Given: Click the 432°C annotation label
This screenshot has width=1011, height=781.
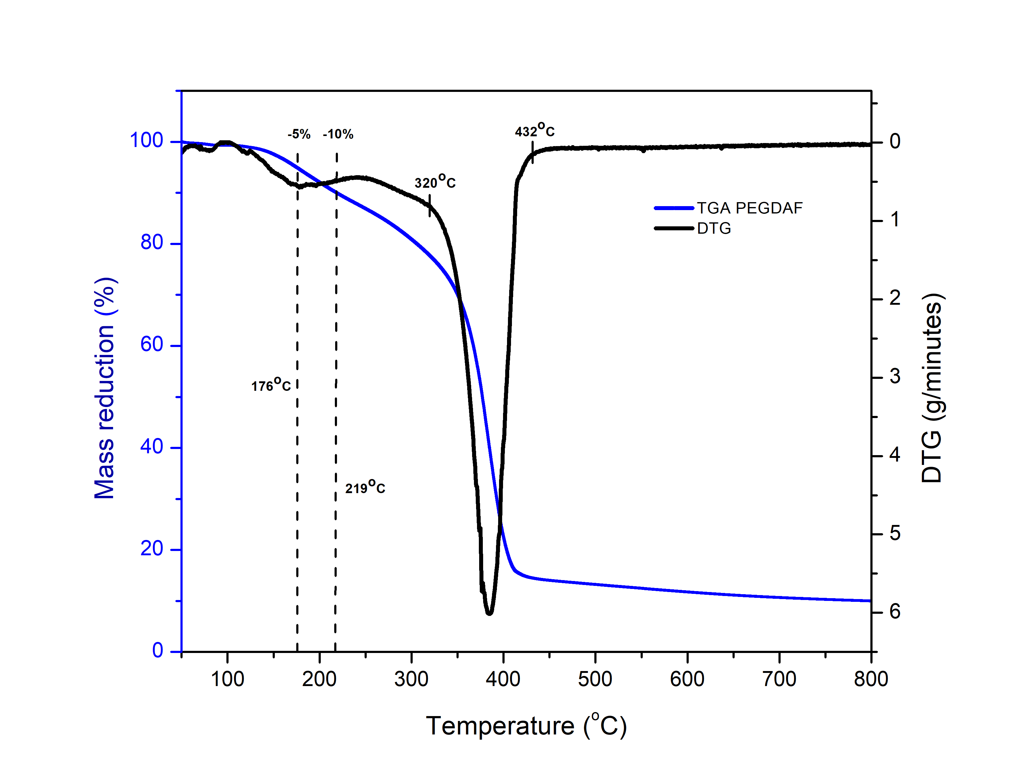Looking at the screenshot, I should pyautogui.click(x=535, y=131).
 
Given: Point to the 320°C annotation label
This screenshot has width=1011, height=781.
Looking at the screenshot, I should pyautogui.click(x=435, y=182).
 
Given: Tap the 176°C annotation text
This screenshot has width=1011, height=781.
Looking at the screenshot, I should pyautogui.click(x=271, y=385).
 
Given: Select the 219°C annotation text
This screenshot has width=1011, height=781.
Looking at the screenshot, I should pyautogui.click(x=365, y=488).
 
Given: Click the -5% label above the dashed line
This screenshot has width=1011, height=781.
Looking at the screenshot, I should pyautogui.click(x=299, y=134).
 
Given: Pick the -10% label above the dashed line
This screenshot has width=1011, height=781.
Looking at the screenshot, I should pyautogui.click(x=339, y=134).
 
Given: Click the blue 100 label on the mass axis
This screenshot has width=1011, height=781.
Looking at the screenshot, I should pyautogui.click(x=146, y=141).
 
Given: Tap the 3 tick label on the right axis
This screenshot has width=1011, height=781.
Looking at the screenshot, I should pyautogui.click(x=895, y=377).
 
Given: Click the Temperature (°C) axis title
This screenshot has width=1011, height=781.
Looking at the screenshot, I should pyautogui.click(x=526, y=726).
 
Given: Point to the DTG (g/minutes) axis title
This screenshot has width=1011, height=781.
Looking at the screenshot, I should pyautogui.click(x=931, y=389).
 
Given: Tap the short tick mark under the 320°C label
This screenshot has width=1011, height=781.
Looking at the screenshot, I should pyautogui.click(x=430, y=206).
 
